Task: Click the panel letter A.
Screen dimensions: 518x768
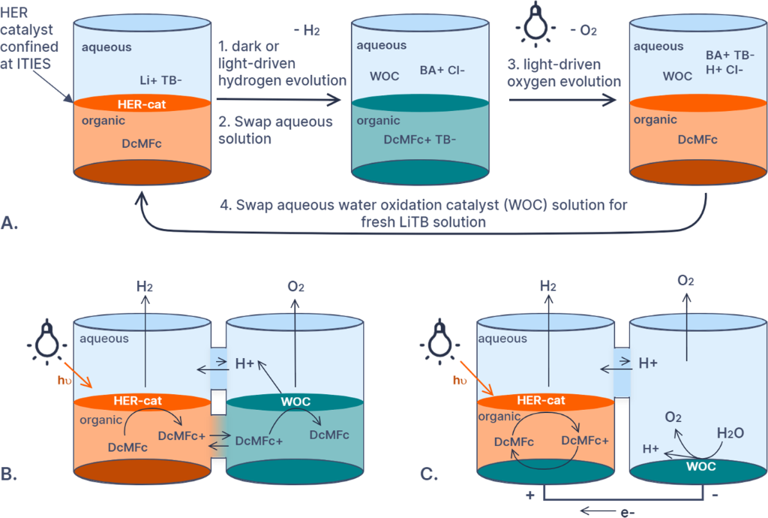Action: point(13,223)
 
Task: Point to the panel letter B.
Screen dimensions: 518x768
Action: point(13,474)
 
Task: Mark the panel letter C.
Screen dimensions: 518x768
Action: point(426,474)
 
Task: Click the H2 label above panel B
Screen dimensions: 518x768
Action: point(145,287)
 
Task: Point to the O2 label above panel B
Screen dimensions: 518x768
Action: point(294,287)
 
